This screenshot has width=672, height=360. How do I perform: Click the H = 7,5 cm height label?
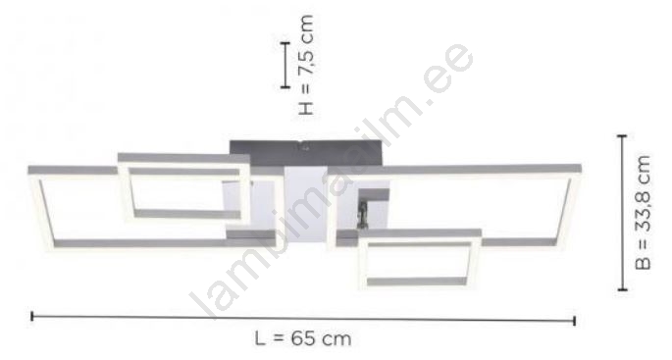coord(306,65)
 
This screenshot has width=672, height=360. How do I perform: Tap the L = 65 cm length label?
coord(303,338)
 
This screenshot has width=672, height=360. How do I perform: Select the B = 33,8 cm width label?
coord(643,213)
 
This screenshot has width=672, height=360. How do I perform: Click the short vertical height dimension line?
coord(285,65)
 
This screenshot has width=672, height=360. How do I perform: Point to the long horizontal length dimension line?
coord(303,319)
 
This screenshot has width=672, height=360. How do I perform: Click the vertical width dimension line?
coord(622,213)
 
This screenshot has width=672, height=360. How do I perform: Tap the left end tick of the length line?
coord(32,317)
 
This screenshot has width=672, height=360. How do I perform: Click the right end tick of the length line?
coord(574,321)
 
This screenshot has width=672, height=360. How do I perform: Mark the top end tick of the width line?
coord(622,135)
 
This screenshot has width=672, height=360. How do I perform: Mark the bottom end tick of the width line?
coord(622,290)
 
